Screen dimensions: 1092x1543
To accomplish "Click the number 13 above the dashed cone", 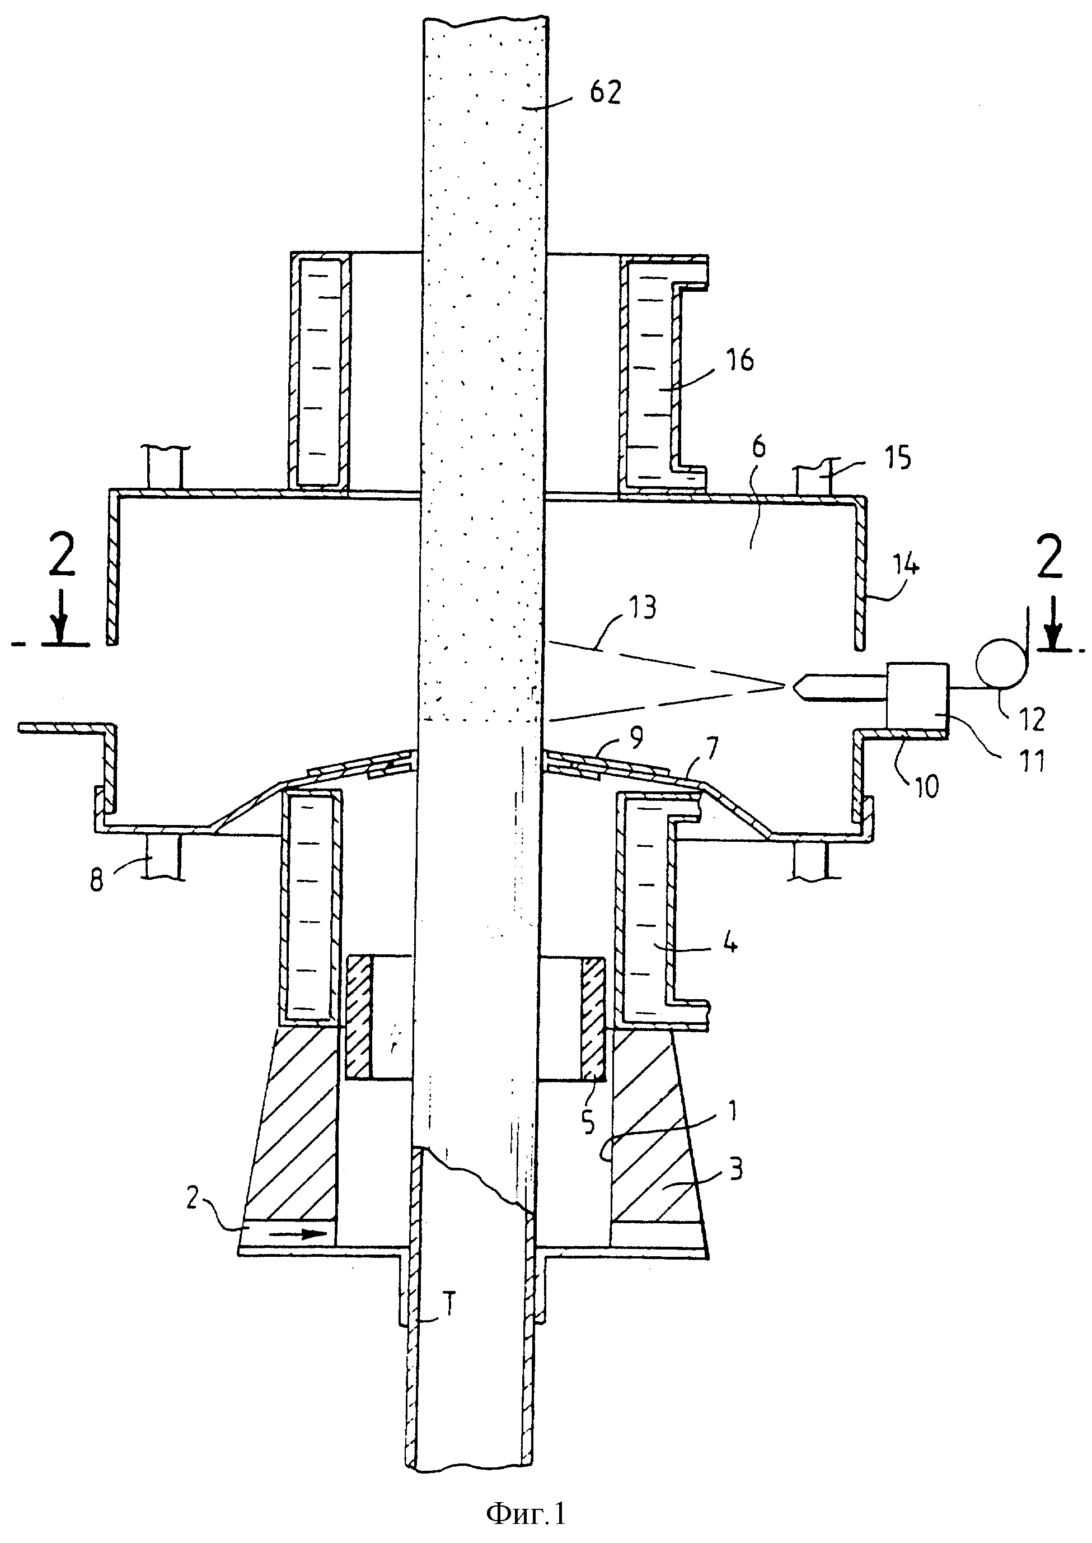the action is pos(641,607).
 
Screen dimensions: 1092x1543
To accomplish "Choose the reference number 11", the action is pos(1032,761).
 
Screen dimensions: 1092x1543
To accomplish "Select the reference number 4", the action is pos(730,944).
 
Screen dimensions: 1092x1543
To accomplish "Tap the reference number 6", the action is pos(758,449).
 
